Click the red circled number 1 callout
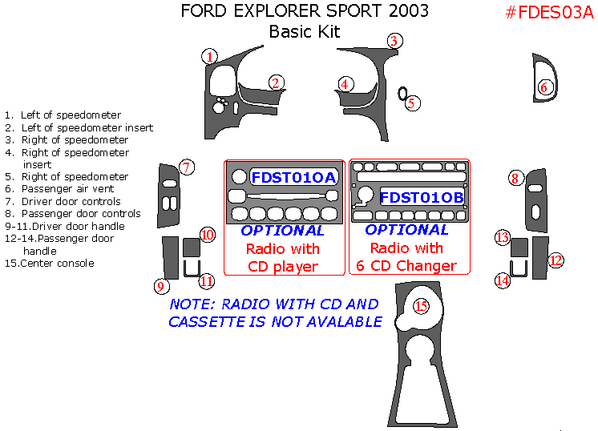(x=210, y=56)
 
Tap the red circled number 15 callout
(x=421, y=305)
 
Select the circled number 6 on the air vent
(x=544, y=87)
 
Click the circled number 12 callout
(x=556, y=260)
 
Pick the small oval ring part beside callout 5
(x=402, y=92)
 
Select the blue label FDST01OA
(x=294, y=177)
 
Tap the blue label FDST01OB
(x=422, y=197)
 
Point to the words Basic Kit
(x=305, y=32)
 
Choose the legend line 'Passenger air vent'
(x=68, y=189)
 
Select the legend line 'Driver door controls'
(x=71, y=202)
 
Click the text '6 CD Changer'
(x=407, y=266)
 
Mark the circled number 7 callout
(x=186, y=167)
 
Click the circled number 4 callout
(x=345, y=83)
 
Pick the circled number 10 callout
(x=208, y=235)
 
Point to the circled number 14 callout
(x=503, y=280)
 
